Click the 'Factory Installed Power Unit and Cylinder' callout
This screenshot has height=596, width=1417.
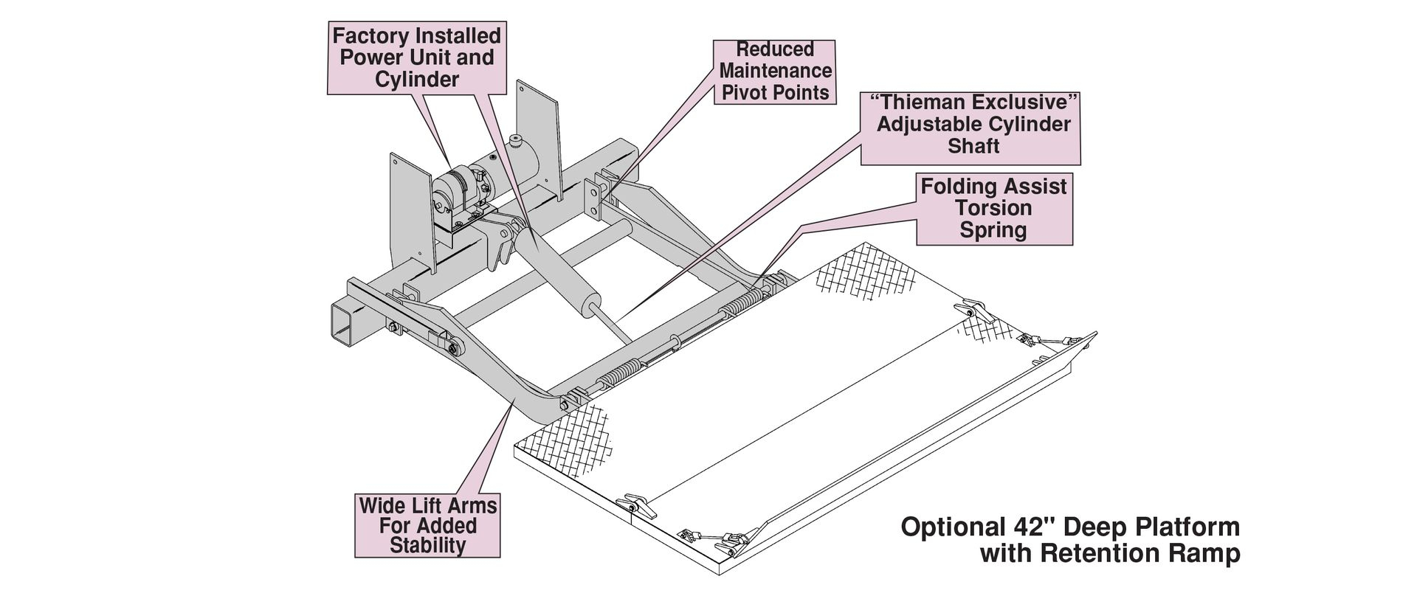coord(417,58)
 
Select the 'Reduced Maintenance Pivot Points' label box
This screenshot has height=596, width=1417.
coord(775,72)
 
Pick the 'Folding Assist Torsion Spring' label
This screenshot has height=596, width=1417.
coord(993,208)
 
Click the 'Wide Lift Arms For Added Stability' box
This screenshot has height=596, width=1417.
coord(427,525)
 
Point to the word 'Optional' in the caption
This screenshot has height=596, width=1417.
coord(949,527)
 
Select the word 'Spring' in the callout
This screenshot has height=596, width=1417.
coord(993,230)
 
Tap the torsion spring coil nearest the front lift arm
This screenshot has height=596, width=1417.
coord(618,378)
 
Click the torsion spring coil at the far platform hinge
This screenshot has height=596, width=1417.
coord(745,302)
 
